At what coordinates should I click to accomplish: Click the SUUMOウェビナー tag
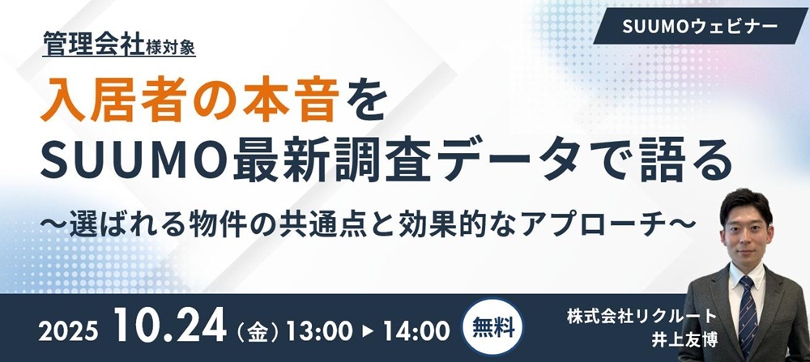click(700, 26)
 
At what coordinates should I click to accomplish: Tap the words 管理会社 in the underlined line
click(93, 43)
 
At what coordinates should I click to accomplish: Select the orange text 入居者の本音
click(190, 100)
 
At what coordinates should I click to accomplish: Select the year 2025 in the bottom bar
click(68, 332)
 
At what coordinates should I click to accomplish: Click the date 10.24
click(170, 326)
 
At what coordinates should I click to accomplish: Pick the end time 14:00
click(416, 331)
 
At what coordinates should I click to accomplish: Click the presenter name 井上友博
click(685, 341)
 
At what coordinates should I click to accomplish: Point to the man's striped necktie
click(748, 316)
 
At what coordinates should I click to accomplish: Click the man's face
click(747, 232)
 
